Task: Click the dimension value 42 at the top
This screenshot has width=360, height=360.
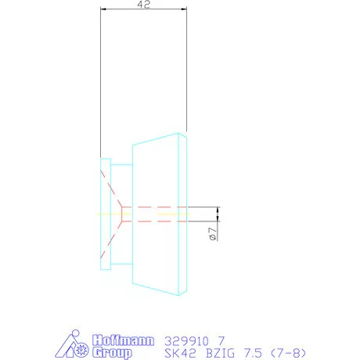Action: click(x=144, y=5)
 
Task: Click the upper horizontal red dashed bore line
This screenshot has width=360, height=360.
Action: click(x=157, y=207)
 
